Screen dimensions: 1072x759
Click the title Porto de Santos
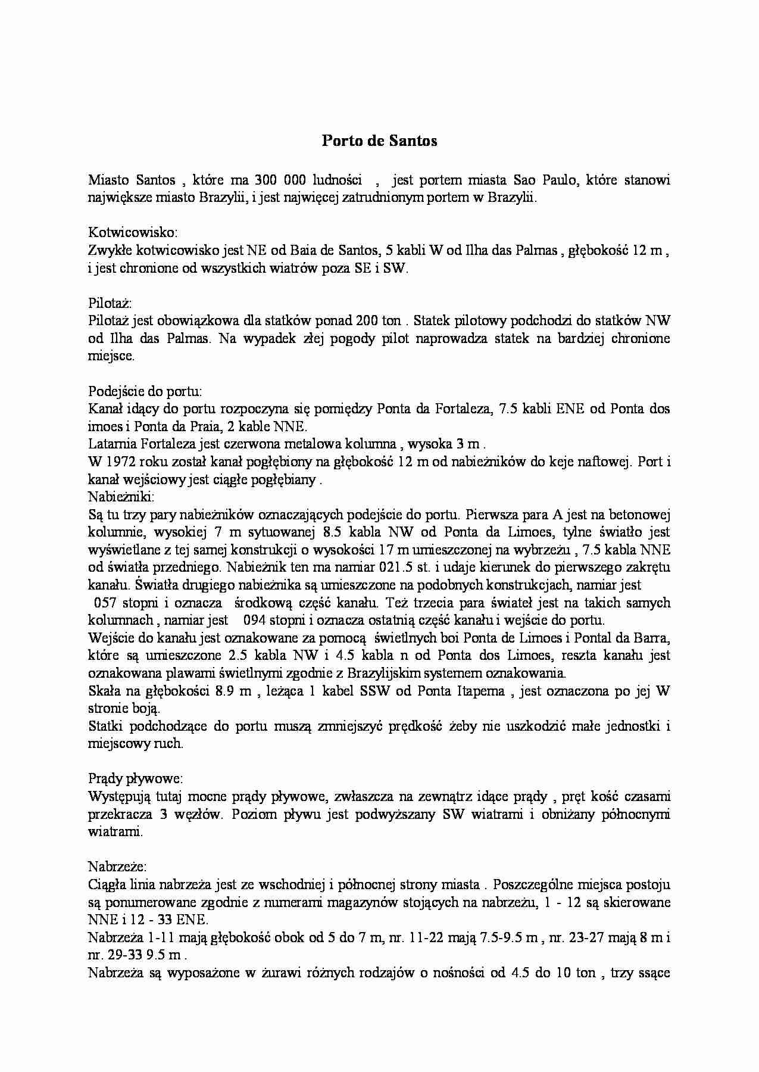(x=379, y=141)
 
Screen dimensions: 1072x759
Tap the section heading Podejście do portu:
(x=145, y=391)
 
